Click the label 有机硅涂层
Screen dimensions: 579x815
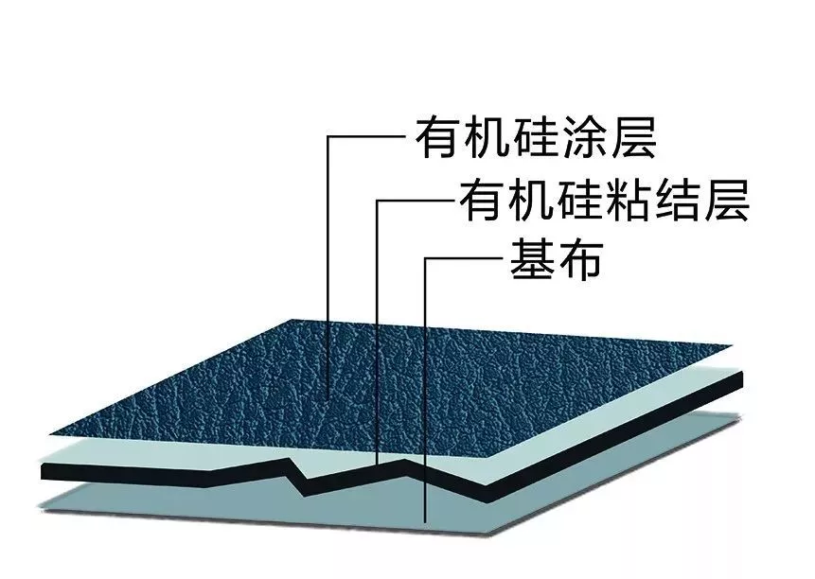pos(536,139)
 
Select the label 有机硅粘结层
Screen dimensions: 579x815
pos(603,200)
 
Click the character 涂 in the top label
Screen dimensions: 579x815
pos(584,139)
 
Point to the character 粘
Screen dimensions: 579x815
pos(629,200)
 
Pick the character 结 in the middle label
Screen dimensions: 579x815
pos(678,200)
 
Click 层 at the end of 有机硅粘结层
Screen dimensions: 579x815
pos(726,200)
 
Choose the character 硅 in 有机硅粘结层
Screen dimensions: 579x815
pos(579,200)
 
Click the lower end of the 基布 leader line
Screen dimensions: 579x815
pos(426,521)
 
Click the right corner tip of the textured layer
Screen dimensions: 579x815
pos(731,346)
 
